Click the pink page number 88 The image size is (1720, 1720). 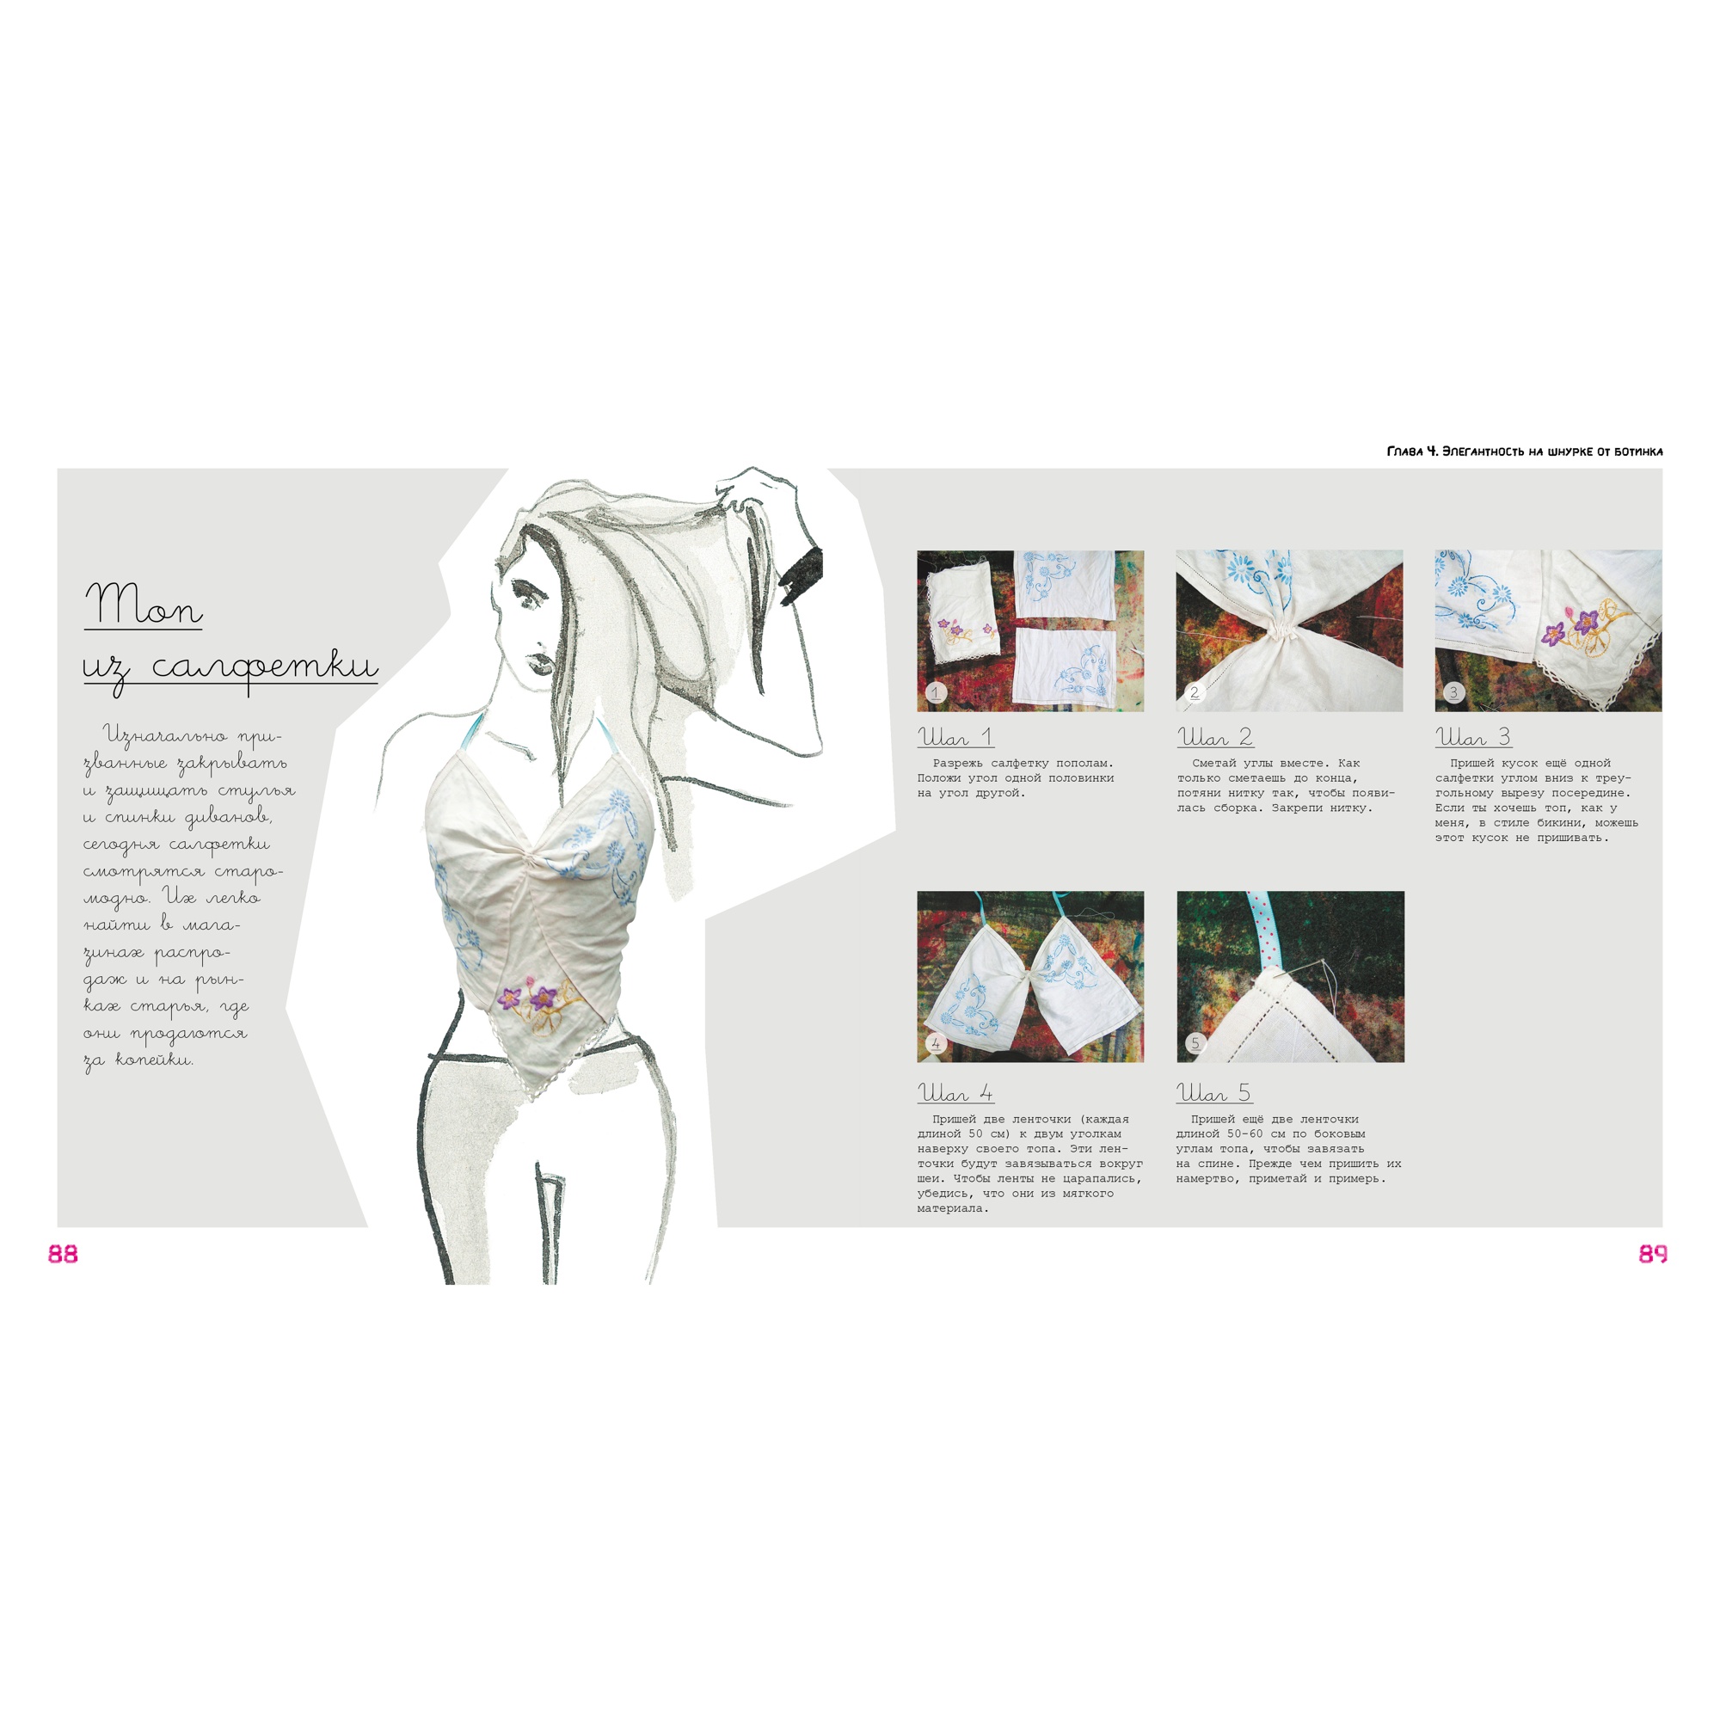point(63,1254)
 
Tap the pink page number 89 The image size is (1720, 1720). point(1652,1254)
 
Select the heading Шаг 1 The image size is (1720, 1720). point(955,737)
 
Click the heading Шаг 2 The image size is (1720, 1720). point(1215,737)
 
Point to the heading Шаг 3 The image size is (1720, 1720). point(1473,737)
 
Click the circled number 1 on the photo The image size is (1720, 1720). point(935,691)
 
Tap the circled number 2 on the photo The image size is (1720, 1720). point(1195,691)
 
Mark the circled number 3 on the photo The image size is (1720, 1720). point(1453,691)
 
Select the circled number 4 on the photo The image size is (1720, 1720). point(936,1043)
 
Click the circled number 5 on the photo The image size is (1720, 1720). point(1195,1043)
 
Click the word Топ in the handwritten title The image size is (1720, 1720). point(144,605)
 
